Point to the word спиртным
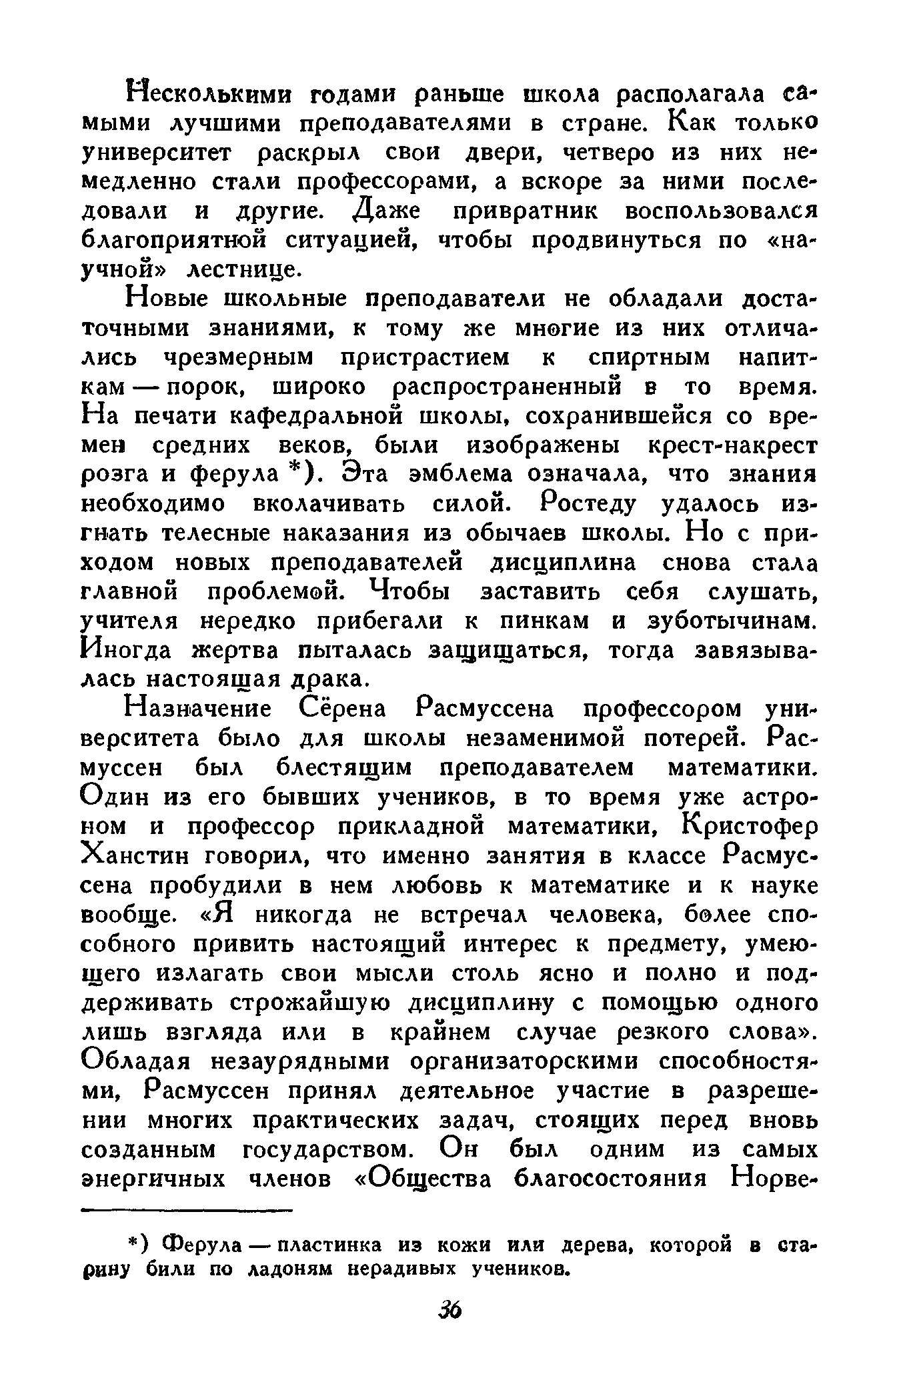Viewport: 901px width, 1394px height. coord(650,358)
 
